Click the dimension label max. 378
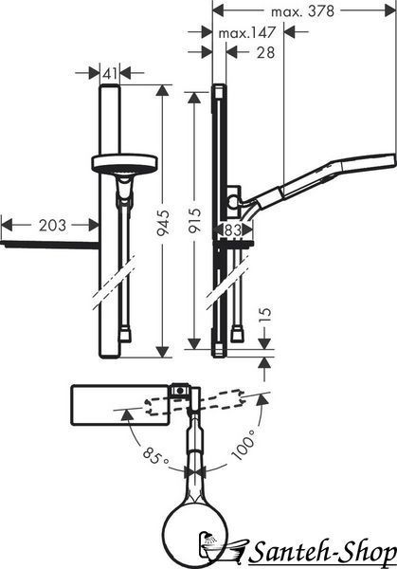302,11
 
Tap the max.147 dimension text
247,33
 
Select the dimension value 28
265,53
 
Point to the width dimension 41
110,74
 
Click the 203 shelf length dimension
53,226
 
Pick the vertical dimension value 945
163,222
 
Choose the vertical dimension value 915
194,220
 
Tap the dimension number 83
233,229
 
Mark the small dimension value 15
265,316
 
